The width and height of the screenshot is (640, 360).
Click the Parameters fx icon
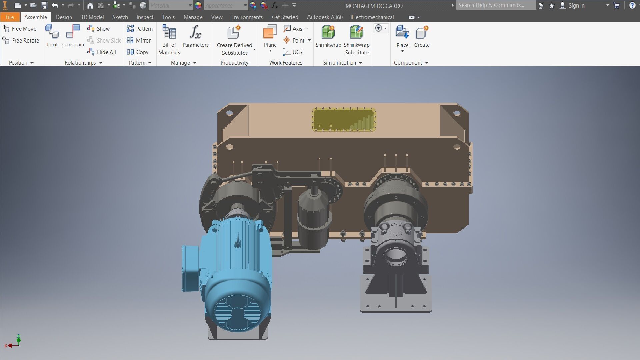[195, 33]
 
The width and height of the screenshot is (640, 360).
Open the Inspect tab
[145, 17]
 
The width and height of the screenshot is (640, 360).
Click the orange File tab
[10, 17]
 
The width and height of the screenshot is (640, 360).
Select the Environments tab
[247, 17]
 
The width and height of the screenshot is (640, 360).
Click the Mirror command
[139, 40]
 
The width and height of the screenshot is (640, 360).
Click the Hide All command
[102, 52]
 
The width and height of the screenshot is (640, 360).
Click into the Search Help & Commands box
[495, 5]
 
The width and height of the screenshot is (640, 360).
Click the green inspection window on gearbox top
[344, 119]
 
